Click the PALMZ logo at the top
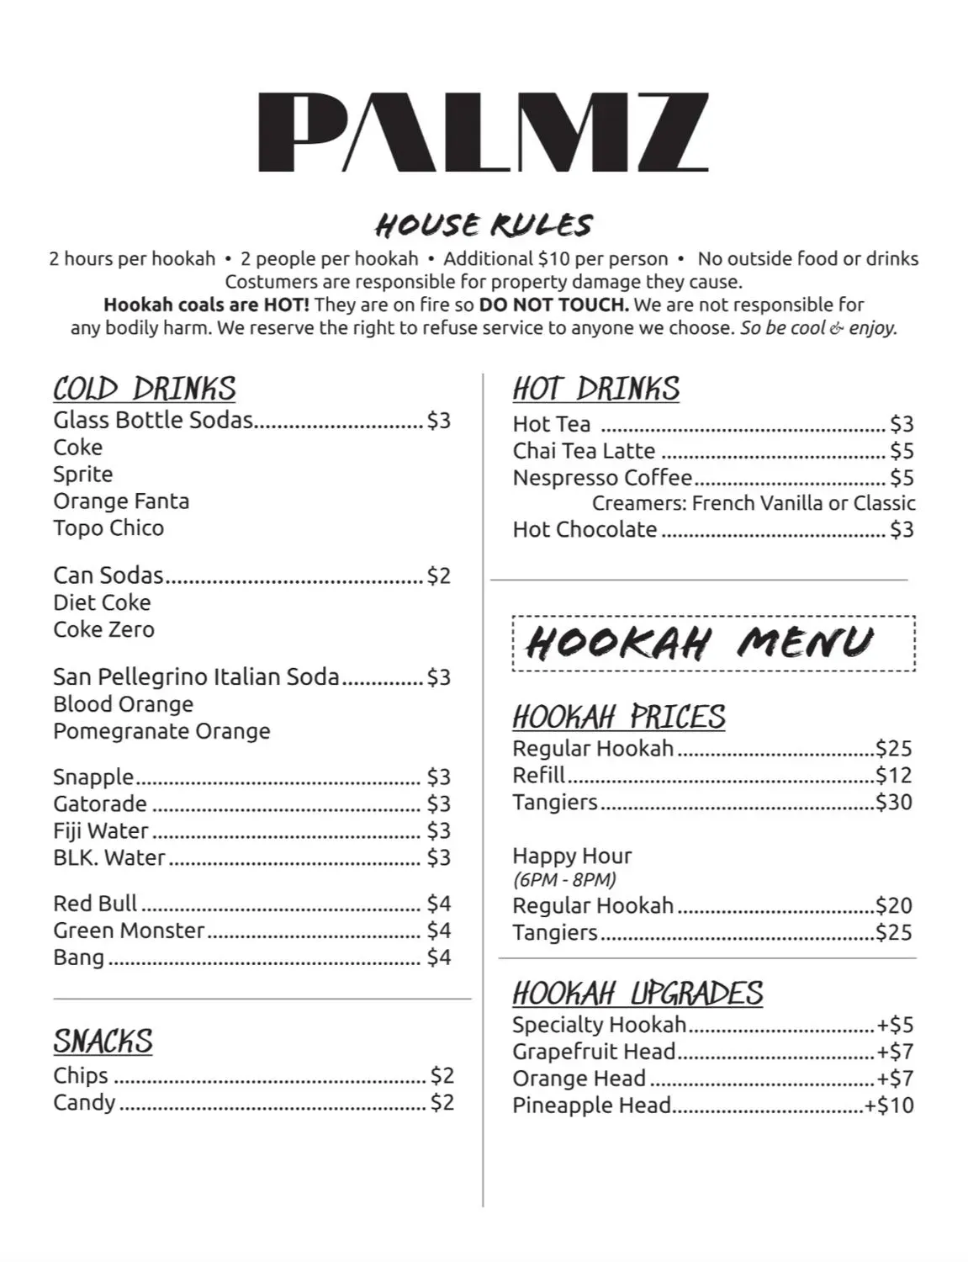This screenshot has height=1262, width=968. coord(483,132)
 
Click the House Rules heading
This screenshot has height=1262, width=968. coord(484,225)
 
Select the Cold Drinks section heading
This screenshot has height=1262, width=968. coord(144,389)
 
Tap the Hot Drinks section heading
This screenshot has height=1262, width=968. coord(595,389)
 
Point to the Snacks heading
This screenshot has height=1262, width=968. coord(103,1042)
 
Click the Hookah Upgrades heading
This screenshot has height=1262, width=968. coord(637,994)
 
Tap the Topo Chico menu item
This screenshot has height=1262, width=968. coord(108,528)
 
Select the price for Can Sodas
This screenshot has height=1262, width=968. coord(439,576)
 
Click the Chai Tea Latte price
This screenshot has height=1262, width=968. coord(902,451)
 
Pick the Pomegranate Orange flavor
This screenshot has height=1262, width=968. coord(161,731)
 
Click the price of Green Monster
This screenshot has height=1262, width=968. coord(439,931)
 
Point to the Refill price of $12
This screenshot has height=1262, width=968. coord(893,776)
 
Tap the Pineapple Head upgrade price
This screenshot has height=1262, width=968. coord(889,1106)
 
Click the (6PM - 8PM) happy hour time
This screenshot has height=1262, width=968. coord(564,880)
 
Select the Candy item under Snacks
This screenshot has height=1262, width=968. coord(84,1102)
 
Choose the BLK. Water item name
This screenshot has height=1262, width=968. coord(109,858)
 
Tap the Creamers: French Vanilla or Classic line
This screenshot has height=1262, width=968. coord(754,503)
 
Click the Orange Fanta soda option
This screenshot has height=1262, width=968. coord(121,501)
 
